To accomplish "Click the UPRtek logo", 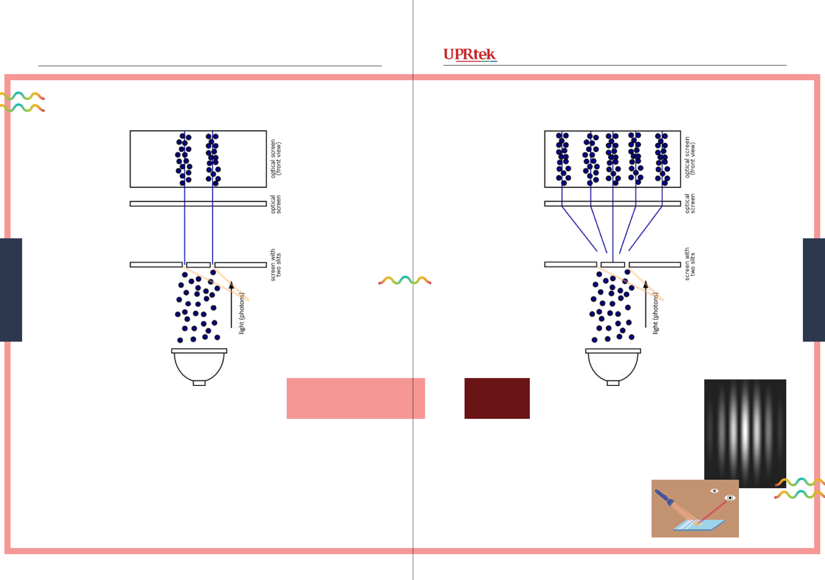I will [x=470, y=55].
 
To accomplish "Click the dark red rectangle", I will [x=497, y=398].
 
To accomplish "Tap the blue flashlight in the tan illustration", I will [x=664, y=497].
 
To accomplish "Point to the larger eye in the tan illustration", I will [x=730, y=498].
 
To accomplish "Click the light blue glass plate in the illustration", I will [x=698, y=525].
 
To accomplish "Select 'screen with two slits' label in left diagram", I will [x=275, y=265].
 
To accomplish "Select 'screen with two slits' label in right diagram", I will [x=690, y=264].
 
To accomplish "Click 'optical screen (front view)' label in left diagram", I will [x=275, y=158].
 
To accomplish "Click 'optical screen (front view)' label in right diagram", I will [x=690, y=157].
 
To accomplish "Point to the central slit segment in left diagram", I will [x=198, y=265].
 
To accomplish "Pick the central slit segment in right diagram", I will [x=613, y=265].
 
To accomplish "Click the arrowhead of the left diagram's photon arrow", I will [x=231, y=285].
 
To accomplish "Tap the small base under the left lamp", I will [x=199, y=383].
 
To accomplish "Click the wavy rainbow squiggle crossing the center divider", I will [x=405, y=280].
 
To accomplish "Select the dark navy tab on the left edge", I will [x=11, y=290].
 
